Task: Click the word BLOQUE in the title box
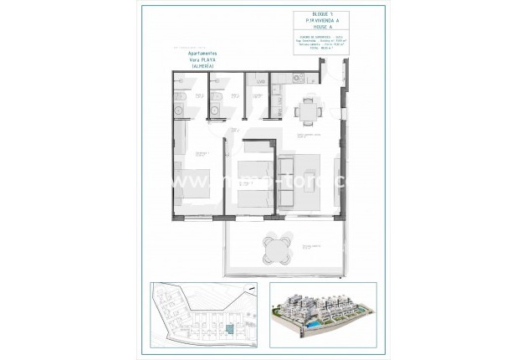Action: click(x=304, y=17)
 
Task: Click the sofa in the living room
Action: click(x=285, y=180)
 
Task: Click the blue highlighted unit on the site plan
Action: click(x=228, y=332)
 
